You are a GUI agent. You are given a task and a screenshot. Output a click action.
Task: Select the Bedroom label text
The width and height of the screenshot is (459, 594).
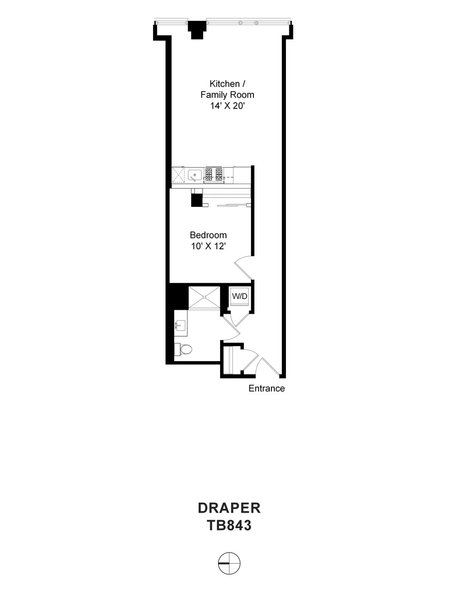click(x=209, y=235)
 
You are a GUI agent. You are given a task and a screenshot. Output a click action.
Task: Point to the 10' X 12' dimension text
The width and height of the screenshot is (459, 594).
click(x=209, y=246)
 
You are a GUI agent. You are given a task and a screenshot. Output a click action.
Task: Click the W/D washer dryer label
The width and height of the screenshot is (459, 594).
click(x=239, y=296)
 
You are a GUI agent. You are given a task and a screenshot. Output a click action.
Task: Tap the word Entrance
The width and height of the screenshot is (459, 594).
click(x=266, y=389)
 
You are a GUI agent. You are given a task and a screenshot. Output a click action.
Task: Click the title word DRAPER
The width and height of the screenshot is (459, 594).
click(x=229, y=508)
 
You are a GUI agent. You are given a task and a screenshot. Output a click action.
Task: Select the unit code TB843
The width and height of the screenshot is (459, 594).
click(x=229, y=526)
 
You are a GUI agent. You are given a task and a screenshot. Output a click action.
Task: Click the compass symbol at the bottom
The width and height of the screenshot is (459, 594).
click(x=229, y=563)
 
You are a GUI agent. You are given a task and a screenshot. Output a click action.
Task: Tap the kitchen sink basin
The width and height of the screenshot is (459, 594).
click(x=195, y=176)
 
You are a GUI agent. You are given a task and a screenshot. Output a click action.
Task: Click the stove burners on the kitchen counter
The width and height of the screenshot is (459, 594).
click(x=214, y=174)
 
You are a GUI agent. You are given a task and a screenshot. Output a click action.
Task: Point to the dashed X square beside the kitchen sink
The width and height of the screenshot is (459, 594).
click(x=178, y=175)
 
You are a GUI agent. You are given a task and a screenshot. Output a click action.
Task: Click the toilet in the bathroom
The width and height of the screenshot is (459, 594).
click(x=183, y=349)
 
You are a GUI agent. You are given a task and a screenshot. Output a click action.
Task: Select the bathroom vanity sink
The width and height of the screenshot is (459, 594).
click(x=181, y=324)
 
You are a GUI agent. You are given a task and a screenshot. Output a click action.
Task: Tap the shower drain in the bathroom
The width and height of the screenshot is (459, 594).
click(x=204, y=298)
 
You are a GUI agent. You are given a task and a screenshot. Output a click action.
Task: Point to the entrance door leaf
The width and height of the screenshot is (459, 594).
click(x=270, y=366)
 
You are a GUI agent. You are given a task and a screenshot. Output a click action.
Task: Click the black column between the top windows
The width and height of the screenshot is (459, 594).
click(x=197, y=29)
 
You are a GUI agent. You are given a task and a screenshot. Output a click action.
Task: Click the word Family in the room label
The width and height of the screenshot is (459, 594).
click(x=214, y=95)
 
